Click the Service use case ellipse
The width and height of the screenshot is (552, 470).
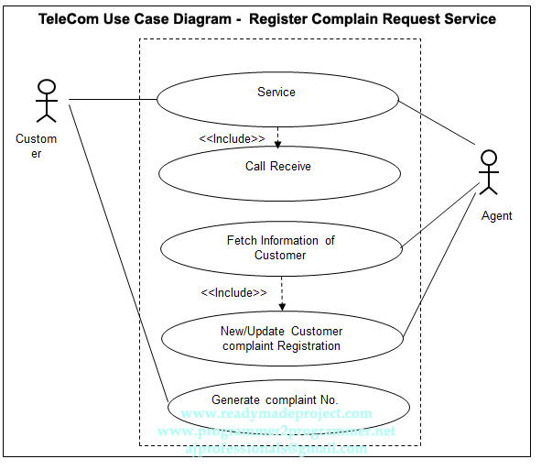277,93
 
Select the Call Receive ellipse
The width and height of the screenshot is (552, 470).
278,167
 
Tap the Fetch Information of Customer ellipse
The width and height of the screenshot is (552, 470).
281,247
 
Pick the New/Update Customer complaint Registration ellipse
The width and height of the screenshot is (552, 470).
282,338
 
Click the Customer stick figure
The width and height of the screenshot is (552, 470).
46,101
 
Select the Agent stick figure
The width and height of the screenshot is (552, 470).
489,172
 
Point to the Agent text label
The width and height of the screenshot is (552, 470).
497,216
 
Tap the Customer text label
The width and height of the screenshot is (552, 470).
36,147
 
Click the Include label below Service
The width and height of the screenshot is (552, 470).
233,138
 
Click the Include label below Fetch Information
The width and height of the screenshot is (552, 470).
233,292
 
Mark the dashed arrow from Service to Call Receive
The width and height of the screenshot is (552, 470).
277,135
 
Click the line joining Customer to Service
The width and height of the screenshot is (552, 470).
112,99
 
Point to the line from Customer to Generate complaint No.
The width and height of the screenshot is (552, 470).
119,257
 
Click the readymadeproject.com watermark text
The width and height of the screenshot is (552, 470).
276,414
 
